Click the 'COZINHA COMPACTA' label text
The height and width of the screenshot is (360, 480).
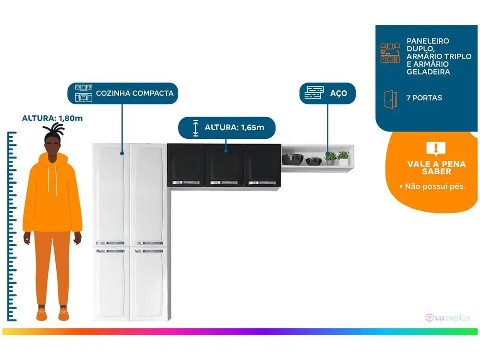[x=134, y=93]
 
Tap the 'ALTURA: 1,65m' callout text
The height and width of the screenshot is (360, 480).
[x=234, y=128]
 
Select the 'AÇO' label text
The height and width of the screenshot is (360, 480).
[x=338, y=93]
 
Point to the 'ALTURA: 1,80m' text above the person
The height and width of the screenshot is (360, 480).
[x=52, y=118]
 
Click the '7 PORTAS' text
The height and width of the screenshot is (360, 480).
[x=424, y=98]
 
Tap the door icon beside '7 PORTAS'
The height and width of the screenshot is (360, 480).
[x=390, y=98]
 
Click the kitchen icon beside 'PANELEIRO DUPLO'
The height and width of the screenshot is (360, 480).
[x=390, y=53]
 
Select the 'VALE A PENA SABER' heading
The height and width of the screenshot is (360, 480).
[x=436, y=168]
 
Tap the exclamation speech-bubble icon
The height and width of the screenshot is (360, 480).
[x=436, y=148]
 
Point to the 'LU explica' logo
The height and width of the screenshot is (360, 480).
[x=447, y=318]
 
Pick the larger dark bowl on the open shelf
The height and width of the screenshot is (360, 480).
[x=292, y=158]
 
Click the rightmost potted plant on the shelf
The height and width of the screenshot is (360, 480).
[x=343, y=157]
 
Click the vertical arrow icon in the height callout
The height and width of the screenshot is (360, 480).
[x=195, y=128]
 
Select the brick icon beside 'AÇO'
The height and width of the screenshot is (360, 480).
[x=314, y=93]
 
